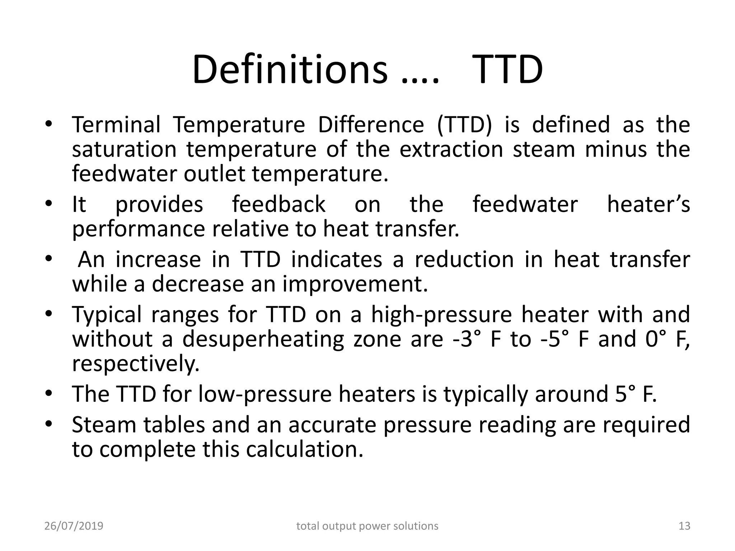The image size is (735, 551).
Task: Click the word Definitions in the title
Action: click(290, 70)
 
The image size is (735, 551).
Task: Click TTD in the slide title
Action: click(507, 70)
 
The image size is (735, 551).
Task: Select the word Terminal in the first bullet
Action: click(116, 125)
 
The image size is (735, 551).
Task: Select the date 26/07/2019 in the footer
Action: click(74, 526)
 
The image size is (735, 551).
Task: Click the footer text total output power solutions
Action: click(367, 526)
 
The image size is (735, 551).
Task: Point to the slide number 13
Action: click(684, 526)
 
